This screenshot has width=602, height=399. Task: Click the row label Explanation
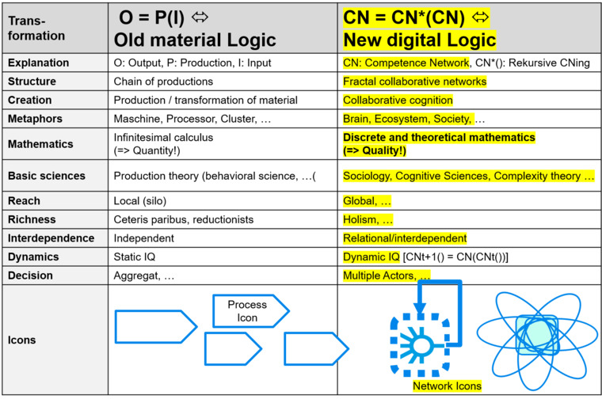point(38,63)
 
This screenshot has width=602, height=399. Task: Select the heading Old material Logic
point(195,40)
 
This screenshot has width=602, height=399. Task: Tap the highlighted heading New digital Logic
point(420,40)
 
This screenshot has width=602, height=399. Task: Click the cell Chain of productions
point(163,82)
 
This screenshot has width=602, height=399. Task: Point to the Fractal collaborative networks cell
point(414,82)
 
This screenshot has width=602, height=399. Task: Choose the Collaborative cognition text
point(398,100)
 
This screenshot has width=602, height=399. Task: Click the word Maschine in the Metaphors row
point(138,119)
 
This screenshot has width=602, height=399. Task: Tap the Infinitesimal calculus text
point(163,137)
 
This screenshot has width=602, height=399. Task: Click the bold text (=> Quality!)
point(375,150)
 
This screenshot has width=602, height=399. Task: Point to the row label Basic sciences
point(47,176)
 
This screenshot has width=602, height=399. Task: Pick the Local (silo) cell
point(139,201)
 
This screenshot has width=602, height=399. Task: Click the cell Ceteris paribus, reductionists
point(184,219)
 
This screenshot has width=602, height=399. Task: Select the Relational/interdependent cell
point(405,238)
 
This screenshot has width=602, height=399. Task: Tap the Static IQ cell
point(135,256)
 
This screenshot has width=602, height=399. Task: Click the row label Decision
point(30,275)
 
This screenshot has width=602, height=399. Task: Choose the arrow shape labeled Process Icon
point(251,311)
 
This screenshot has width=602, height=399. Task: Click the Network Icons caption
point(447,386)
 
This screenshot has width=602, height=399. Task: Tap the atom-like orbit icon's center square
point(537,335)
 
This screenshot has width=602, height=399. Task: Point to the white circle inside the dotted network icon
point(421,346)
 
